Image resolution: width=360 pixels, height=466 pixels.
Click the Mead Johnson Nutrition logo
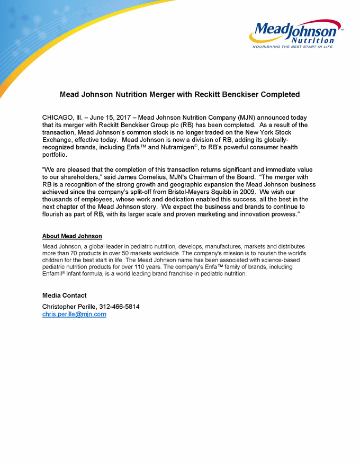(x=295, y=33)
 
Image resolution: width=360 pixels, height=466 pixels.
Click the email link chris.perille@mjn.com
(x=74, y=314)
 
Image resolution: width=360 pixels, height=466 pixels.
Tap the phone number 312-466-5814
(x=119, y=307)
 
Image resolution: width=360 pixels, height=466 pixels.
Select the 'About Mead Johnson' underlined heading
(x=72, y=236)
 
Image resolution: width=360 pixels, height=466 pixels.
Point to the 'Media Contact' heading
(x=64, y=295)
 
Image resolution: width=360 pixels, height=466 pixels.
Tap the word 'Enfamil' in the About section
(x=55, y=274)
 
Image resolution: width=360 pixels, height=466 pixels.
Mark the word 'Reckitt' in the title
(x=194, y=94)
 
